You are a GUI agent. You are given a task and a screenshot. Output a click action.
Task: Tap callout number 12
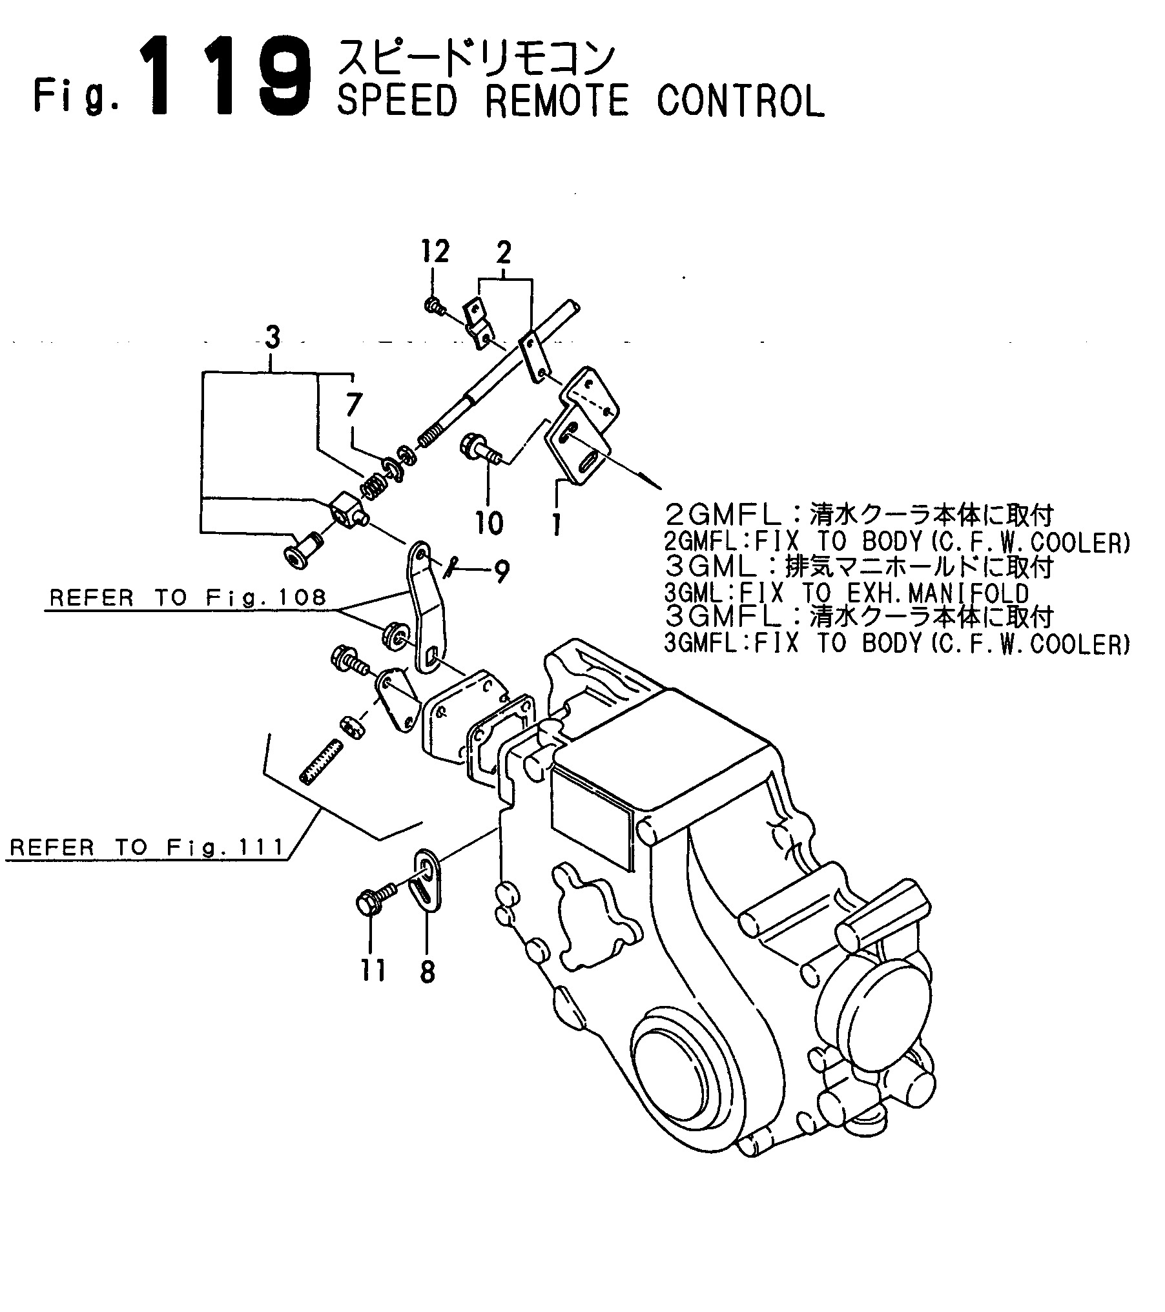[436, 251]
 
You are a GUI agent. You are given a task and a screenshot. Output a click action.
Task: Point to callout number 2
[504, 253]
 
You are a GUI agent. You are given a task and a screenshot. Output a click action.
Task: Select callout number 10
[490, 523]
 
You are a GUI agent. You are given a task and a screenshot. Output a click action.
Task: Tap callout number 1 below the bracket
[555, 524]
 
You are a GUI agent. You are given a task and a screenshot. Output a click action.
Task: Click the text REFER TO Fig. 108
[188, 597]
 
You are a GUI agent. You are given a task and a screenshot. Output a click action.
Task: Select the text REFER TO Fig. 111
[148, 846]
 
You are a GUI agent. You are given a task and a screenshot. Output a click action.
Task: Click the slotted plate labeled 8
[426, 880]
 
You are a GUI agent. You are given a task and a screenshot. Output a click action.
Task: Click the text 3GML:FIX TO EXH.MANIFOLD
[847, 593]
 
